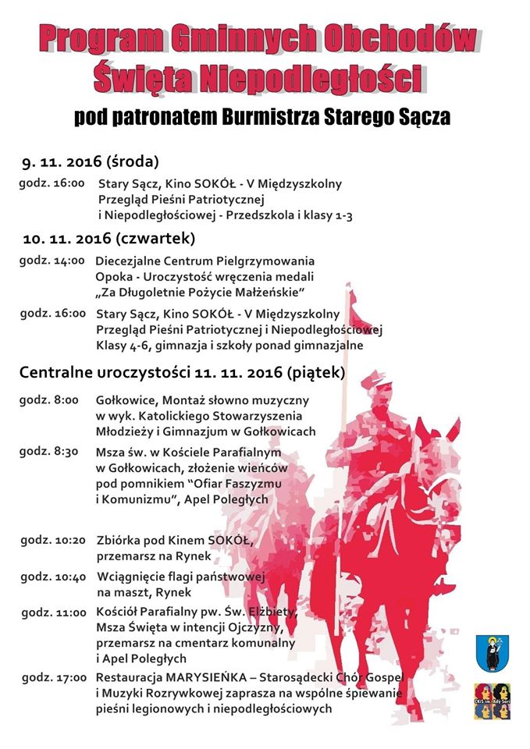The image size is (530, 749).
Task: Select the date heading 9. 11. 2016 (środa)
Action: click(x=91, y=162)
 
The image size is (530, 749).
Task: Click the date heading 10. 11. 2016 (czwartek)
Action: click(x=109, y=237)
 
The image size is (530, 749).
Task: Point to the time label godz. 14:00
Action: click(x=52, y=261)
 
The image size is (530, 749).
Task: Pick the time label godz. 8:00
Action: click(x=49, y=399)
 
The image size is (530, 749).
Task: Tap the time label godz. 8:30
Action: click(x=49, y=451)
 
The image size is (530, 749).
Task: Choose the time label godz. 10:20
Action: click(x=52, y=539)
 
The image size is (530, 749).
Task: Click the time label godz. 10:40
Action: click(x=53, y=577)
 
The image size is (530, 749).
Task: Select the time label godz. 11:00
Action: click(x=53, y=612)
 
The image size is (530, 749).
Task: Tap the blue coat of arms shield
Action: click(x=493, y=652)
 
